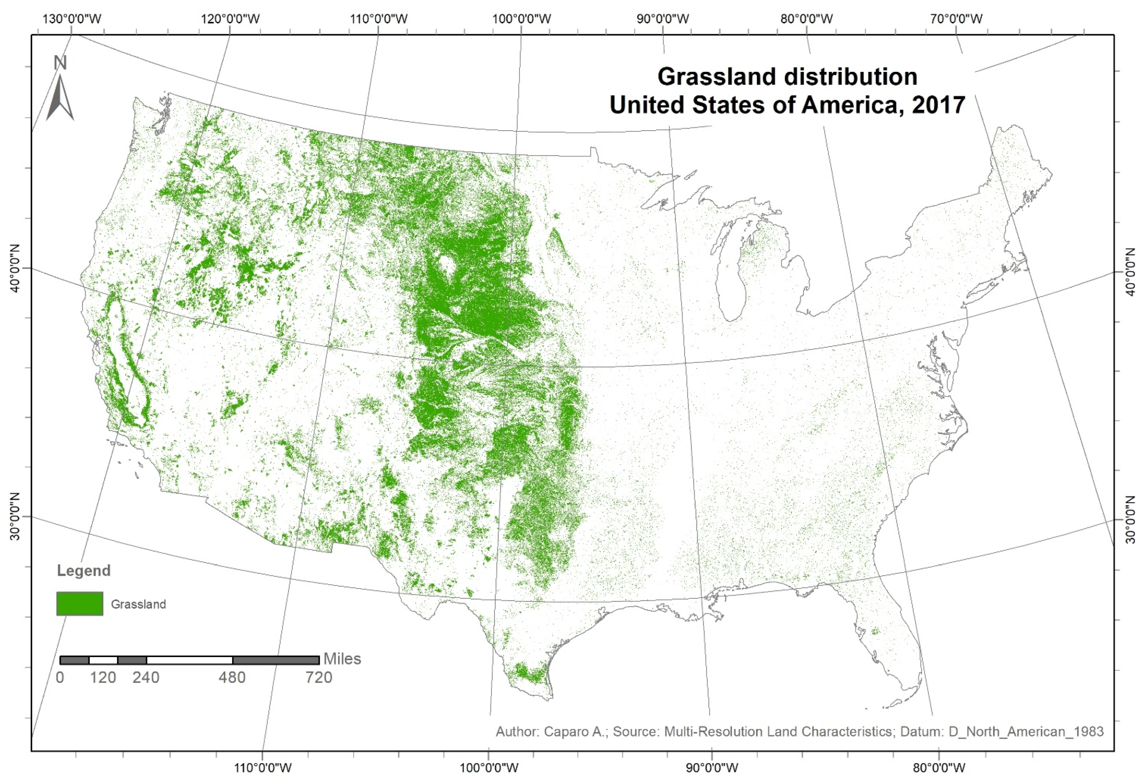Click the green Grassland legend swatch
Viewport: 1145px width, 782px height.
pyautogui.click(x=80, y=604)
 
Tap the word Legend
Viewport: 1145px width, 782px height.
pyautogui.click(x=84, y=571)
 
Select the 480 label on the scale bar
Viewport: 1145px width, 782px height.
pyautogui.click(x=232, y=677)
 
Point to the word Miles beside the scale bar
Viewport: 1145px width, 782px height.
pyautogui.click(x=342, y=659)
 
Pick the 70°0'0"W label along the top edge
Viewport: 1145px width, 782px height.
pyautogui.click(x=956, y=19)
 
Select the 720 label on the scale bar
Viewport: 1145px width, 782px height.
pyautogui.click(x=319, y=677)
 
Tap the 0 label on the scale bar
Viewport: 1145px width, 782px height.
pyautogui.click(x=60, y=677)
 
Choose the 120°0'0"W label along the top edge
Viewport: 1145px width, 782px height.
pyautogui.click(x=230, y=19)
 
